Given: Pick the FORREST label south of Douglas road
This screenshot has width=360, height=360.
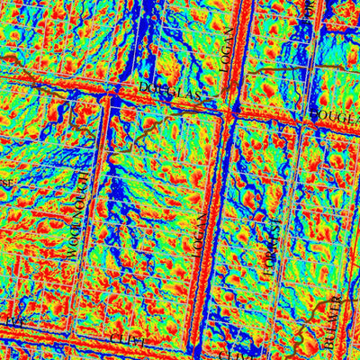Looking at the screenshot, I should [x=266, y=249].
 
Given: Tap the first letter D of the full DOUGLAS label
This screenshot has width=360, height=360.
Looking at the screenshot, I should [x=144, y=87].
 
